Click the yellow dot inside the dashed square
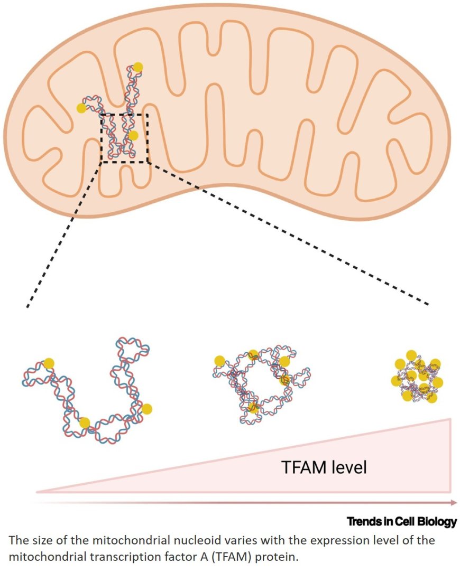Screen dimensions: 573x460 (x=133, y=136)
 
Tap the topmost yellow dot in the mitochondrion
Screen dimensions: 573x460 (x=137, y=67)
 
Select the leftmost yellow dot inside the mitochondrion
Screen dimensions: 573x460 (x=81, y=108)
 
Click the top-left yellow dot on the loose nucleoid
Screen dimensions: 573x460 (x=49, y=363)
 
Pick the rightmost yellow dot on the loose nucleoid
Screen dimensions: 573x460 (x=146, y=408)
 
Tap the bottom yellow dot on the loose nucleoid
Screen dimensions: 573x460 (x=85, y=422)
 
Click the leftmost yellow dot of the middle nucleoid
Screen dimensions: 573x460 (x=219, y=361)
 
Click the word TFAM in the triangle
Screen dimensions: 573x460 (x=300, y=467)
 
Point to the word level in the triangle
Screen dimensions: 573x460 (x=346, y=467)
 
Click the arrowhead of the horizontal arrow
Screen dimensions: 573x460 (x=453, y=503)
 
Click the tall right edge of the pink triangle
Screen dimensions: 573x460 (x=450, y=454)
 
